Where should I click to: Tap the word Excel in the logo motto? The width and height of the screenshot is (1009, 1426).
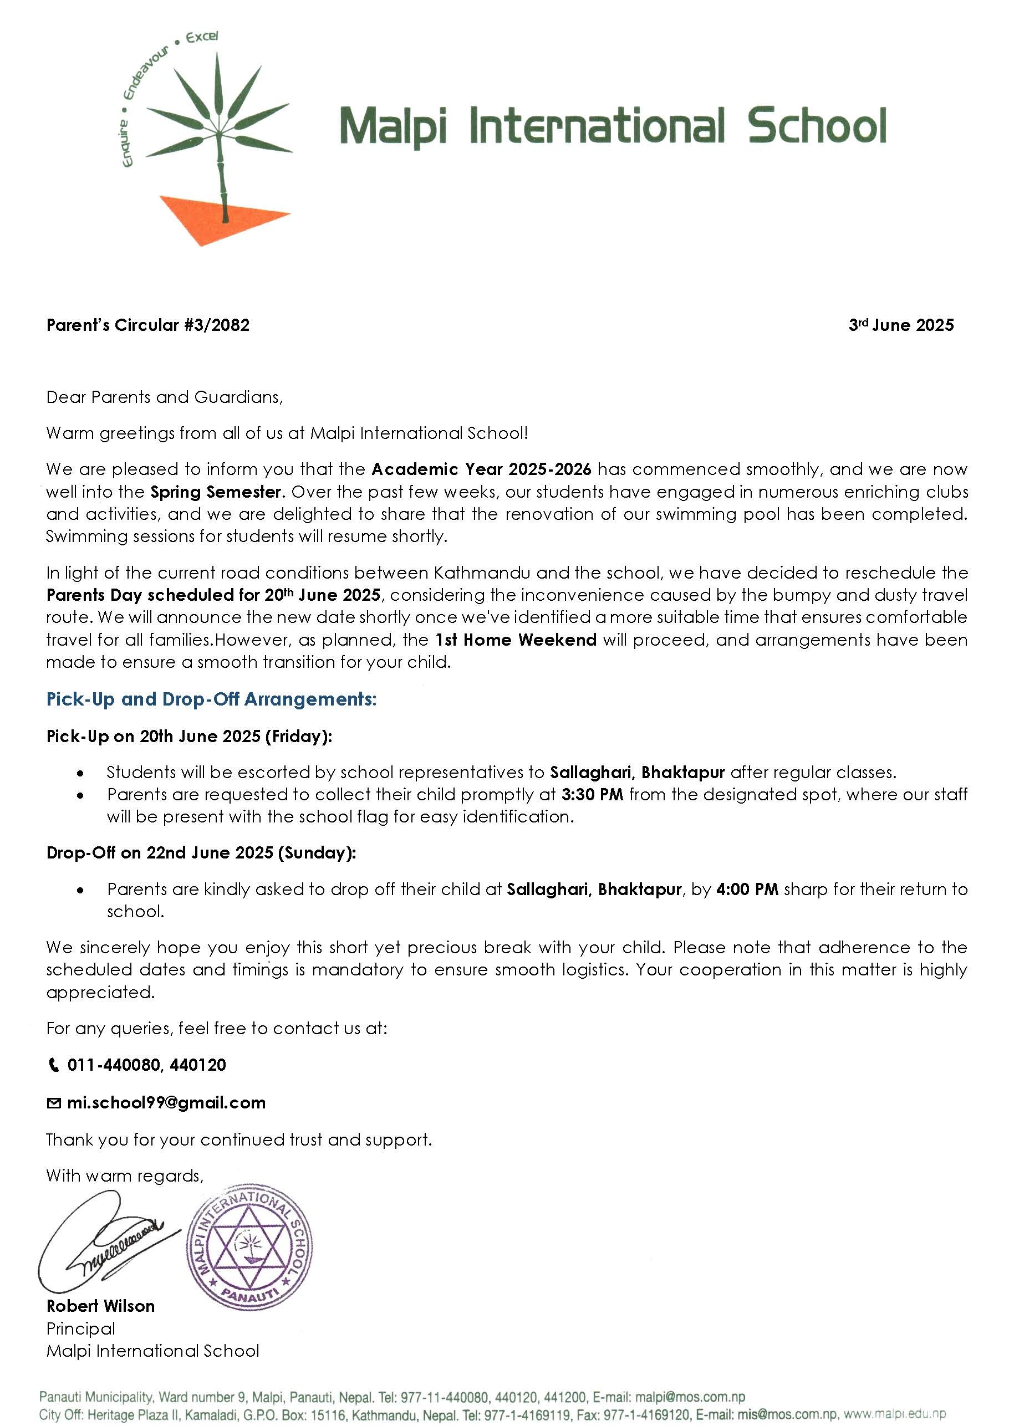[x=202, y=37]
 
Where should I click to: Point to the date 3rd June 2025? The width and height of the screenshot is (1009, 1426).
[x=901, y=325]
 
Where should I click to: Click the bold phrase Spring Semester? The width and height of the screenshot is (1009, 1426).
[x=217, y=492]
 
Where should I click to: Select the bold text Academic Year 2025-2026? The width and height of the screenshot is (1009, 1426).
[x=482, y=469]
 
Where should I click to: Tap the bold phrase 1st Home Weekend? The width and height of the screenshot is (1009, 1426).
[x=516, y=640]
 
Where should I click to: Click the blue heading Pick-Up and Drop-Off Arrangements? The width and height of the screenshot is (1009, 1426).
[x=211, y=699]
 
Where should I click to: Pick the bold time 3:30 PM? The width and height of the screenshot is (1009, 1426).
[x=592, y=794]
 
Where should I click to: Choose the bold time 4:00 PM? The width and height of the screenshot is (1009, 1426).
[x=747, y=890]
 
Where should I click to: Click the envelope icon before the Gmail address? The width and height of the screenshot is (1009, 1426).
[x=54, y=1103]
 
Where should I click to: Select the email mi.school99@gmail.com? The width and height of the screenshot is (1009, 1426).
[x=166, y=1103]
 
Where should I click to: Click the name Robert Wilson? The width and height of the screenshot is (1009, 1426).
[x=100, y=1306]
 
